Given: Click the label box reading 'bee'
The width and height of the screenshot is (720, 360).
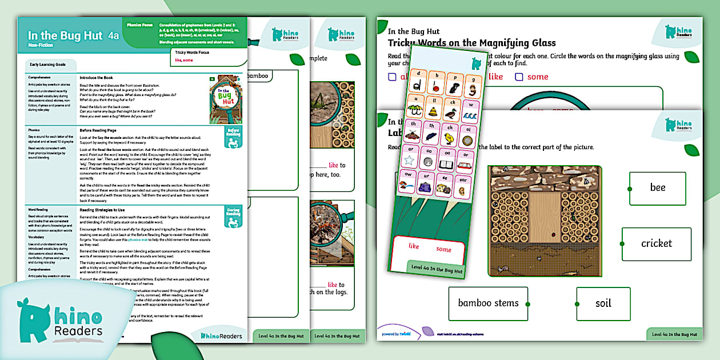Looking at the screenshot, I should (x=657, y=188).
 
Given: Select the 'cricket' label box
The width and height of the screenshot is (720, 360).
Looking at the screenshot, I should (x=656, y=244).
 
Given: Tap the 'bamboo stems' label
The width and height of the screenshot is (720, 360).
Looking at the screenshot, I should (x=488, y=303).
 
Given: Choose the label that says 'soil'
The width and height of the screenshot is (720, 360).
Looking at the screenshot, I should (x=603, y=303).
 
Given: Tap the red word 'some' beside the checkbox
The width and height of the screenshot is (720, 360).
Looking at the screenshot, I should (x=538, y=77).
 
